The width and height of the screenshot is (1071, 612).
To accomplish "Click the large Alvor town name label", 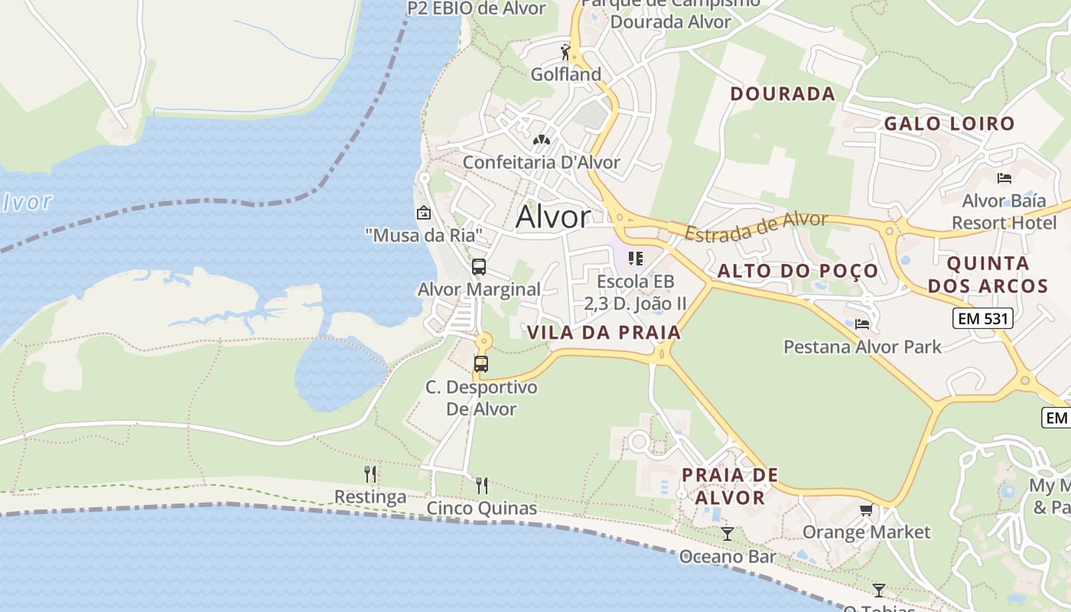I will pos(553,217).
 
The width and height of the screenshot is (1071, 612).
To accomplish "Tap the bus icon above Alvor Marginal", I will pos(479,267).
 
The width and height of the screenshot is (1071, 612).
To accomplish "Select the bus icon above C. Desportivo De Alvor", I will pos(481,364).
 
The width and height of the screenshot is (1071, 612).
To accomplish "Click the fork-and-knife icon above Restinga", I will pos(370,474).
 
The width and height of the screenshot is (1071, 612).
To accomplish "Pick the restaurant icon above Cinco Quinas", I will pos(482,486).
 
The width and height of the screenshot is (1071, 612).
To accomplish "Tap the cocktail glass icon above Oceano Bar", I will pos(728,534).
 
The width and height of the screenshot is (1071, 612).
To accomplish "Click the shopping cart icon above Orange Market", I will pos(866,509).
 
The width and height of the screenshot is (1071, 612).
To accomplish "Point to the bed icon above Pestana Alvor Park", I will pos(862,324).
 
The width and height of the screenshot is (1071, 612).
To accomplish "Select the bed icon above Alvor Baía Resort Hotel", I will pos(1004,178).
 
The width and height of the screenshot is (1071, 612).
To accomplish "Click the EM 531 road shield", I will pos(982,318).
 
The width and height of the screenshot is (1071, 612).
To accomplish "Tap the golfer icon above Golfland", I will pos(566,52).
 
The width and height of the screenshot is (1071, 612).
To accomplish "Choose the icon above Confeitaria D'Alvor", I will pos(542,141).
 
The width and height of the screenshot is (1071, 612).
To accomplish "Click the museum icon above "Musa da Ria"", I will pos(423,213).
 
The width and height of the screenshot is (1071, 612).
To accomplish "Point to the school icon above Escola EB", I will pos(635,259).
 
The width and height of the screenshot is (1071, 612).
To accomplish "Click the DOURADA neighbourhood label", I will pos(783,94).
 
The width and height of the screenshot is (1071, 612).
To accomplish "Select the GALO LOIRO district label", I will pos(949,123).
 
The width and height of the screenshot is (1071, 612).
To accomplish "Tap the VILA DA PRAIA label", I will pos(604,332).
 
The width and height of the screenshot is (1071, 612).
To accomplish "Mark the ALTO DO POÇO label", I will pos(798,271).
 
